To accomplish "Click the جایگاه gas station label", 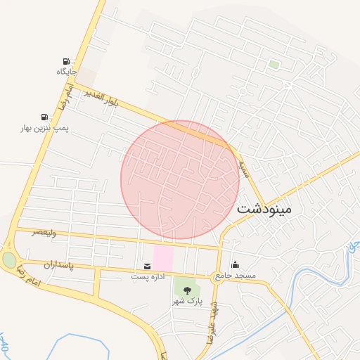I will coord(67,72).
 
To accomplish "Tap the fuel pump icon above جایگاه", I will coord(67,62).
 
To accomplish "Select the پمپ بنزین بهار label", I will coord(44,129).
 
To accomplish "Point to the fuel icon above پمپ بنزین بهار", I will coord(45,117).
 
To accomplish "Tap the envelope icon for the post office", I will coord(147,266).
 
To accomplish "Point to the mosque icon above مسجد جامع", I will coord(235,264).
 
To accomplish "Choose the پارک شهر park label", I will coord(187,300).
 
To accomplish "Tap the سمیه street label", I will coord(243,167).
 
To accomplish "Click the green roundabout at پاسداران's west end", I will coord(9,260).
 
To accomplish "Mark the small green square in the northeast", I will coord(274,65).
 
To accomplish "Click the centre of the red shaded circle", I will coord(180,179).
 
